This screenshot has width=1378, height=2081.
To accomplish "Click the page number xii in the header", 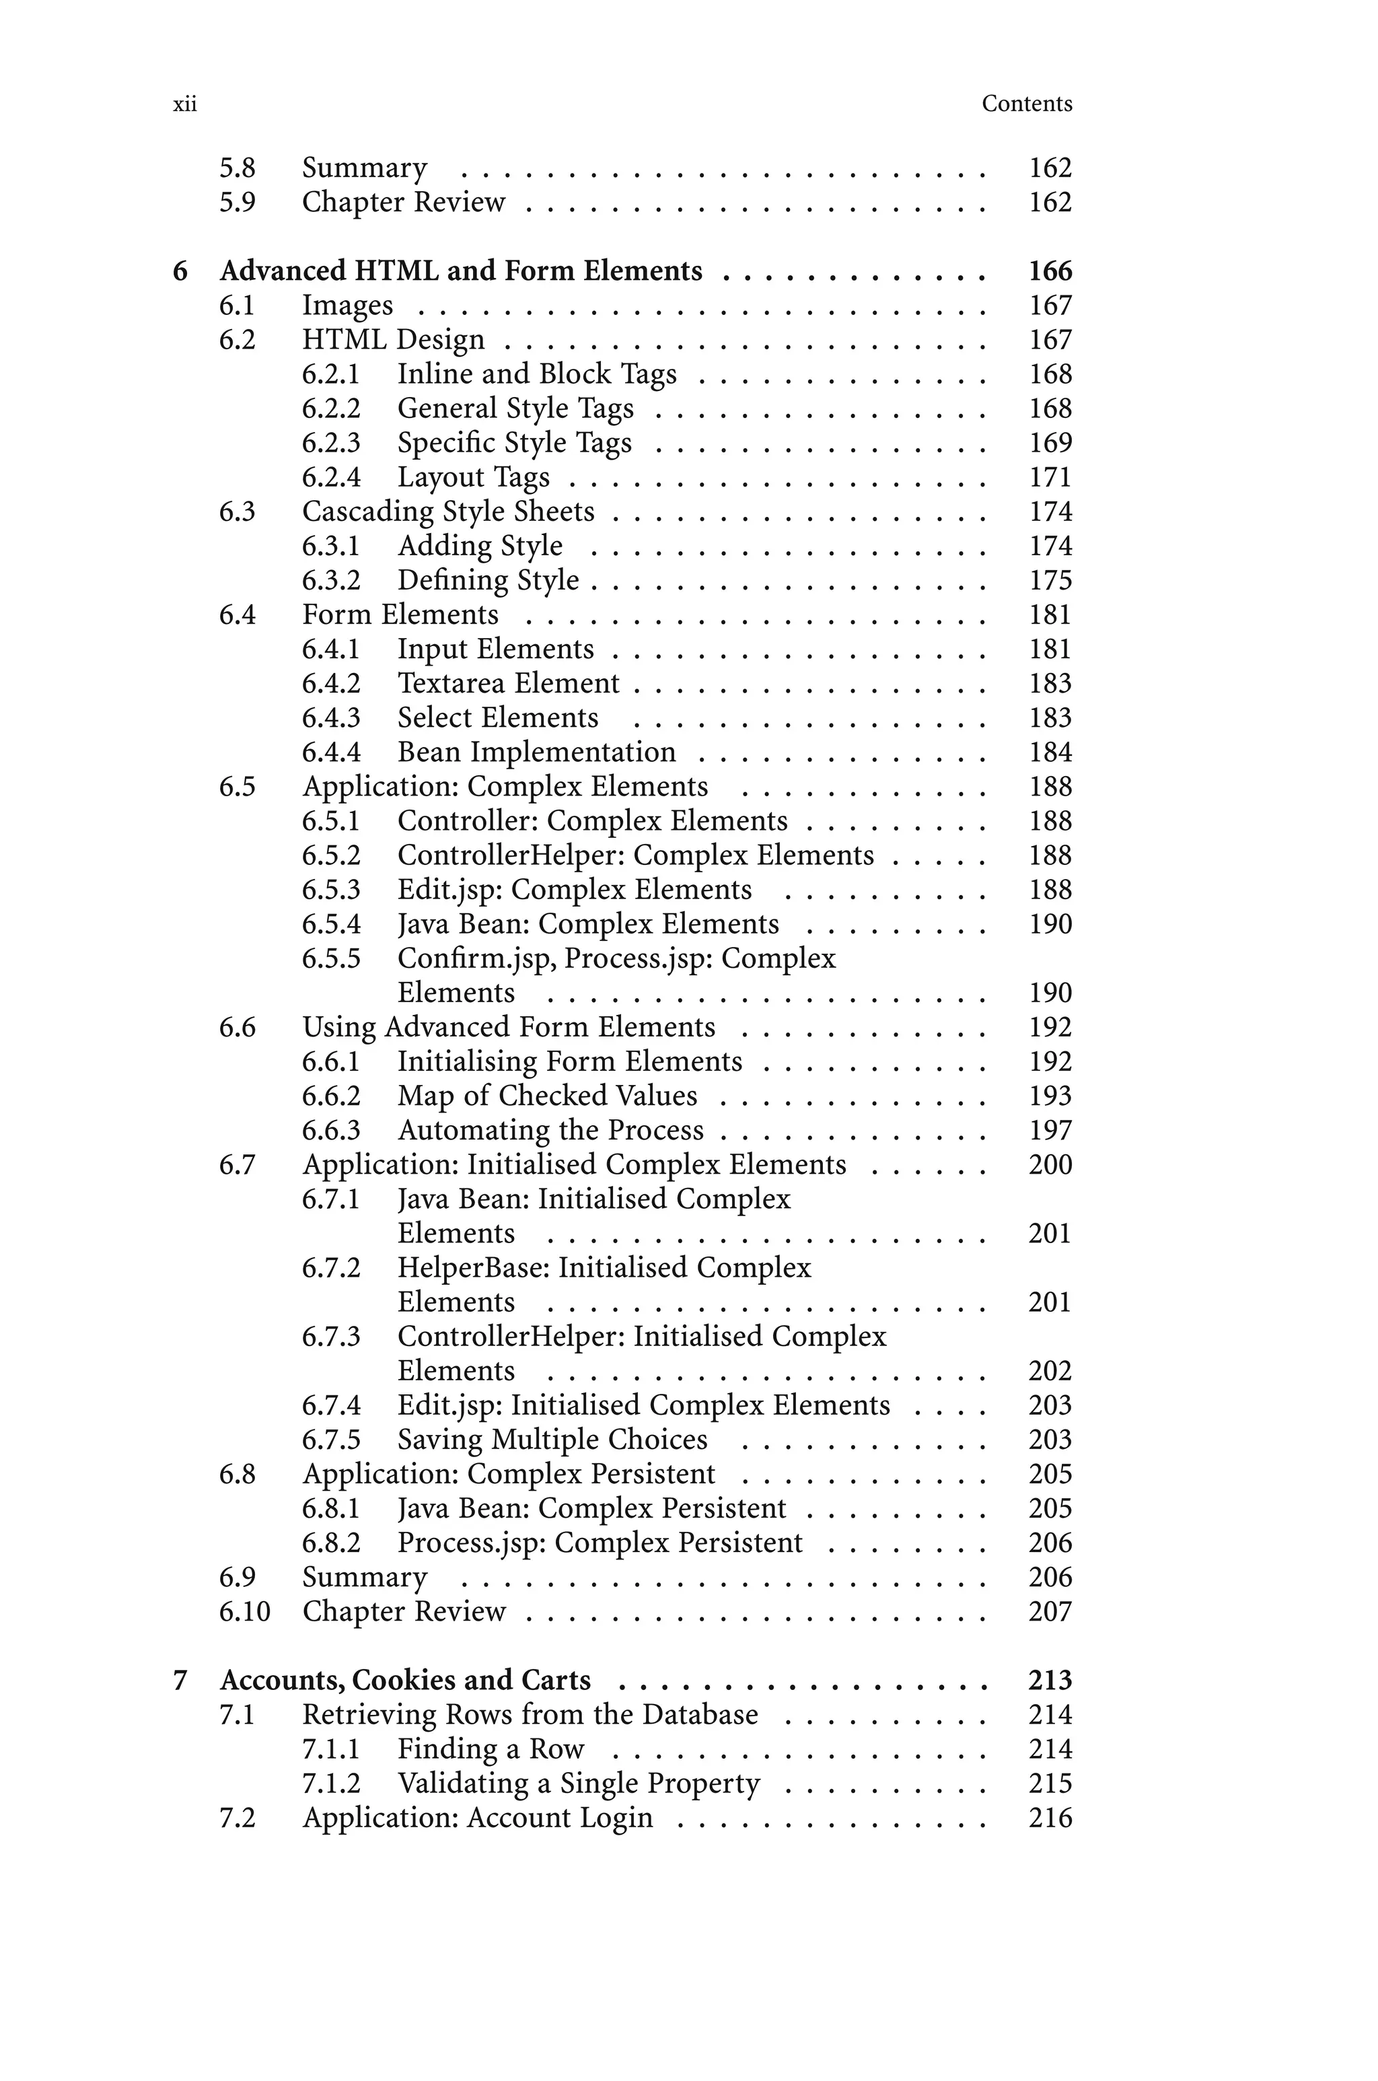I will pyautogui.click(x=184, y=104).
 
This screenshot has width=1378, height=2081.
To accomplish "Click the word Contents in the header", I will pyautogui.click(x=1027, y=104).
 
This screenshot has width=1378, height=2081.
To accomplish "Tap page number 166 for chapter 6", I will pyautogui.click(x=1050, y=271).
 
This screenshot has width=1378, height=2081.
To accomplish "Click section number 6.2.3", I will pyautogui.click(x=330, y=443).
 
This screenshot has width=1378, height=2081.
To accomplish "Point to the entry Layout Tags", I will pyautogui.click(x=473, y=477).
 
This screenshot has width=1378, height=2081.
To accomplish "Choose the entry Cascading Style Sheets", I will pyautogui.click(x=448, y=512).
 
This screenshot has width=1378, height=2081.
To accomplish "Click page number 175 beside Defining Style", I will pyautogui.click(x=1050, y=581).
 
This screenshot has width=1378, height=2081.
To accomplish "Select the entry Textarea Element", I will pyautogui.click(x=508, y=684).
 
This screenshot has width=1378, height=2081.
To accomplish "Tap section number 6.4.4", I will pyautogui.click(x=330, y=752).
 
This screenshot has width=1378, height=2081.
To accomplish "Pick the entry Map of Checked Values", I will pyautogui.click(x=546, y=1096).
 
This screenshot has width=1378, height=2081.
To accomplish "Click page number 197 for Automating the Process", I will pyautogui.click(x=1050, y=1130).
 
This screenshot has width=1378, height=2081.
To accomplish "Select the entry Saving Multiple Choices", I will pyautogui.click(x=552, y=1440).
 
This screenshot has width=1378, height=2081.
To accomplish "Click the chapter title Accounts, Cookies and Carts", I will pyautogui.click(x=405, y=1681).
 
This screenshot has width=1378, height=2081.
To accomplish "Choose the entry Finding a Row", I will pyautogui.click(x=491, y=1749).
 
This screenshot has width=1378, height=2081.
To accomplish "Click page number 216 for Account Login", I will pyautogui.click(x=1050, y=1817).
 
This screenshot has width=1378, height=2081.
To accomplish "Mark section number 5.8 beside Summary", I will pyautogui.click(x=238, y=168).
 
